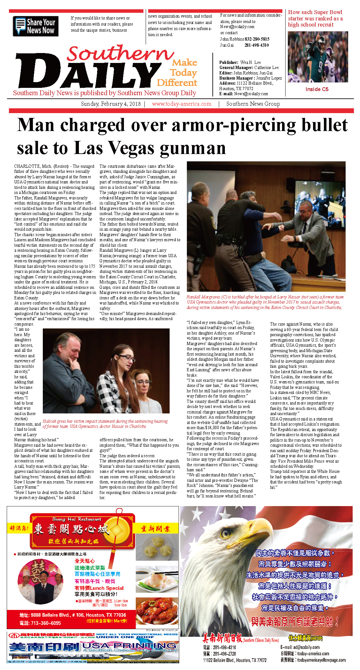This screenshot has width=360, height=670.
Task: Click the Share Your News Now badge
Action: pos(35,26)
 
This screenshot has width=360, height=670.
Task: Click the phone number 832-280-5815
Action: pos(257,39)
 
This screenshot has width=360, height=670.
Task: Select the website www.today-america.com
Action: pos(181,104)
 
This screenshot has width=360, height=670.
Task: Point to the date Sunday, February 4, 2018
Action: pos(111,104)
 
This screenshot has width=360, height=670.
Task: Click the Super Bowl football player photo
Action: pos(318,57)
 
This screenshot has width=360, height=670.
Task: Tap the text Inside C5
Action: pos(317,89)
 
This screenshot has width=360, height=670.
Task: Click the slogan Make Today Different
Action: pos(178,73)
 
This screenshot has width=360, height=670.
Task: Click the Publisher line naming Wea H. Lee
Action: pos(240,63)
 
